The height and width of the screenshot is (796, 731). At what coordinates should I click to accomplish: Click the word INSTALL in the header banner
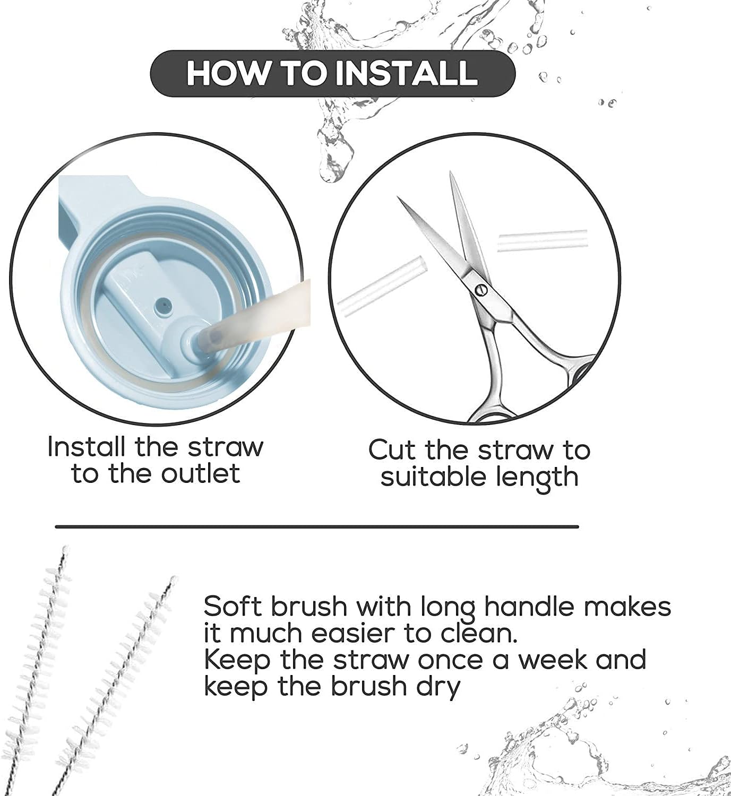tap(409, 73)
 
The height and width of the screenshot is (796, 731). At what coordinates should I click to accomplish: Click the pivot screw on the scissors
tap(481, 289)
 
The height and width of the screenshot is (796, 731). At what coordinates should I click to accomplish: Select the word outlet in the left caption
tap(201, 473)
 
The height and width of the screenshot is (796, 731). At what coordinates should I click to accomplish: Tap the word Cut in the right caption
tap(391, 450)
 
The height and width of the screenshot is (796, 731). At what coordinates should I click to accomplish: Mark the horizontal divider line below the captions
tap(316, 527)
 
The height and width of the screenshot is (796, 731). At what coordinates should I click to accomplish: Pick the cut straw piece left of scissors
tap(382, 287)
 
